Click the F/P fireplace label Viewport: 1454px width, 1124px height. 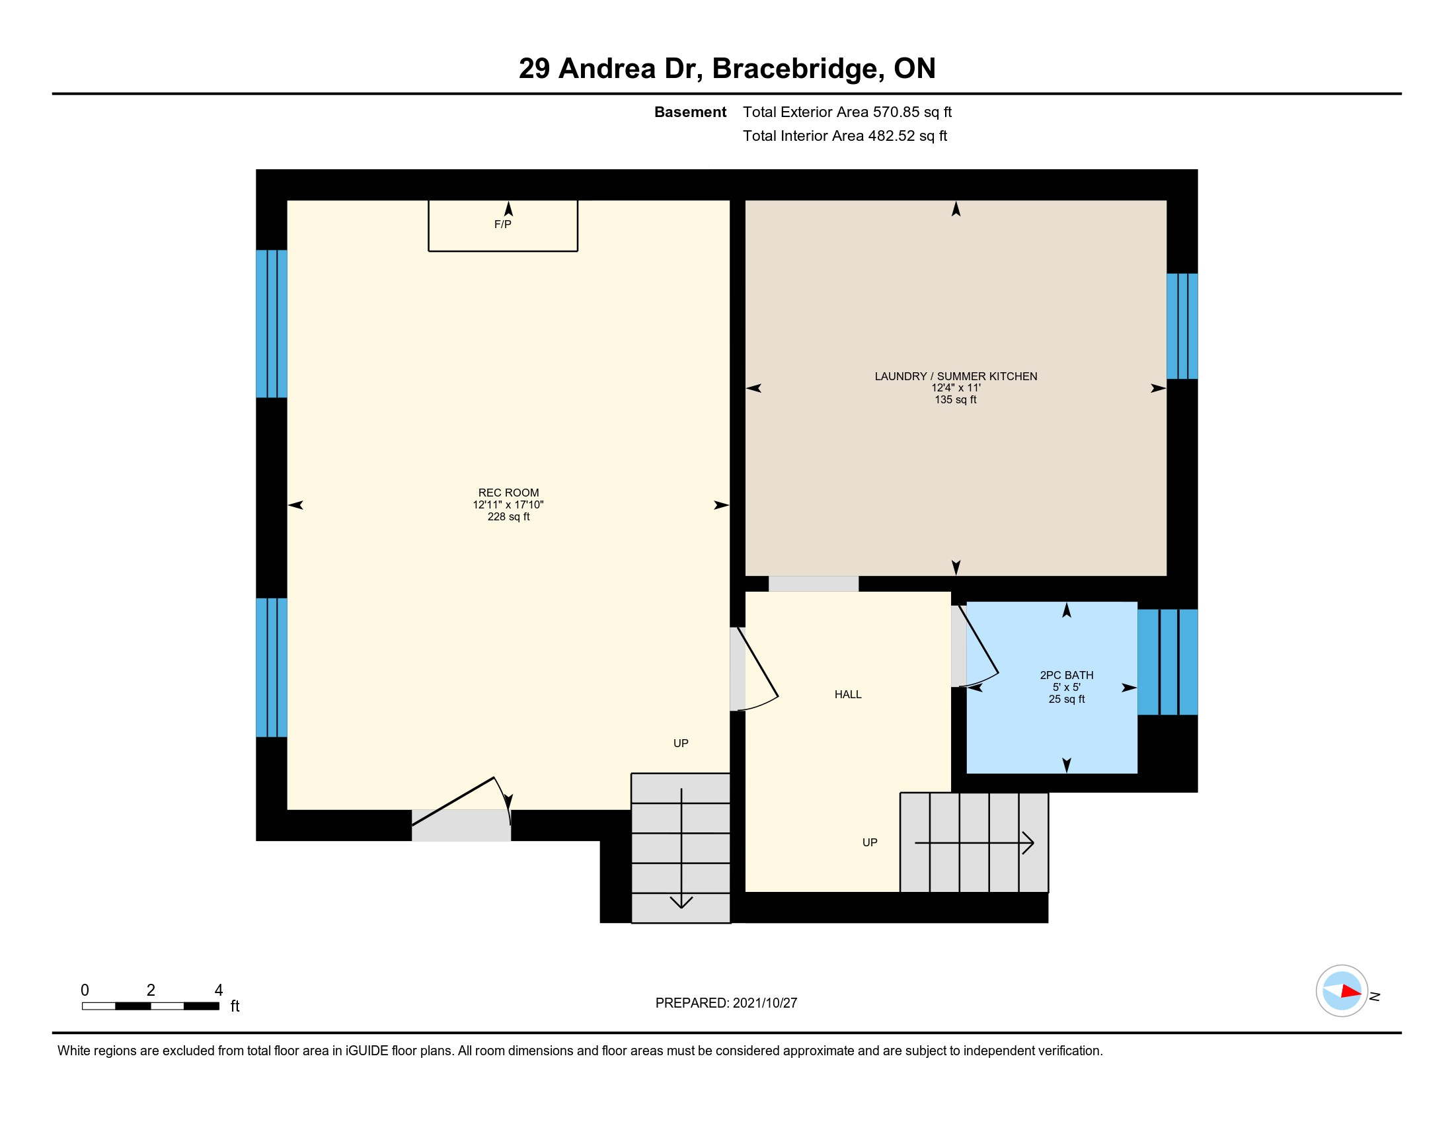pyautogui.click(x=503, y=224)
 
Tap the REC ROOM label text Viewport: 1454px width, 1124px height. pyautogui.click(x=509, y=493)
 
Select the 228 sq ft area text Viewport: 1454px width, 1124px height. pyautogui.click(x=509, y=517)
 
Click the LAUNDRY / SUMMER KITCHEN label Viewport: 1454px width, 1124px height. pyautogui.click(x=956, y=376)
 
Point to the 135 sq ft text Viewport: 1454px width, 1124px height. pyautogui.click(x=956, y=399)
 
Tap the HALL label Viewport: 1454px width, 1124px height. pyautogui.click(x=848, y=694)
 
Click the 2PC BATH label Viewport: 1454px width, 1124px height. pyautogui.click(x=1067, y=675)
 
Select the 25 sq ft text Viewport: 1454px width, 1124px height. pyautogui.click(x=1067, y=699)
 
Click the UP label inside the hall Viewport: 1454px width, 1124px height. pyautogui.click(x=870, y=842)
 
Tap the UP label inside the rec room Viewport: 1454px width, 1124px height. pyautogui.click(x=680, y=743)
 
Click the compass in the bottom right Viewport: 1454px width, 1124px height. pyautogui.click(x=1342, y=991)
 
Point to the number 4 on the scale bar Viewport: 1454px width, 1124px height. pyautogui.click(x=218, y=990)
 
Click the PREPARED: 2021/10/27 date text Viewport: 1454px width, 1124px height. pyautogui.click(x=726, y=1003)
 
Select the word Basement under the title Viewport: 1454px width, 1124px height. pyautogui.click(x=691, y=112)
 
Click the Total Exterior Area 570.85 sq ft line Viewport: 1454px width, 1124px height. pyautogui.click(x=847, y=112)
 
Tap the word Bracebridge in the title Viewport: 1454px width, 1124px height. pyautogui.click(x=798, y=69)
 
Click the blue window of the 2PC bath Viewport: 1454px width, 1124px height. pyautogui.click(x=1168, y=662)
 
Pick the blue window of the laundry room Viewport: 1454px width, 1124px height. pyautogui.click(x=1182, y=326)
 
